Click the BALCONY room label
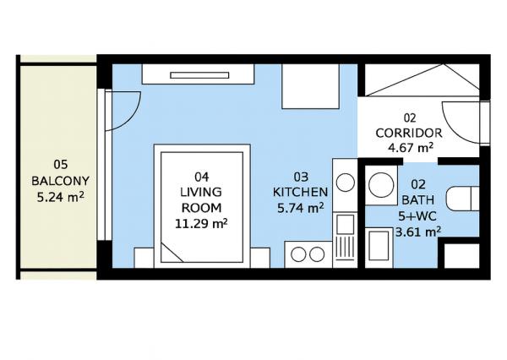tap(59, 180)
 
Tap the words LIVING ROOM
tap(201, 199)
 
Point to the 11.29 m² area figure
tap(201, 224)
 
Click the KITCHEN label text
tap(299, 192)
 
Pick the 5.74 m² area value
tap(299, 208)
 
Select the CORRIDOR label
tap(409, 133)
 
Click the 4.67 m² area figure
tap(410, 148)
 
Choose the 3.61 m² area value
tap(418, 231)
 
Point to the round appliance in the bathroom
tap(382, 187)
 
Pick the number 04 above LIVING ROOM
tap(201, 177)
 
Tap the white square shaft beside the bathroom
tap(461, 254)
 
